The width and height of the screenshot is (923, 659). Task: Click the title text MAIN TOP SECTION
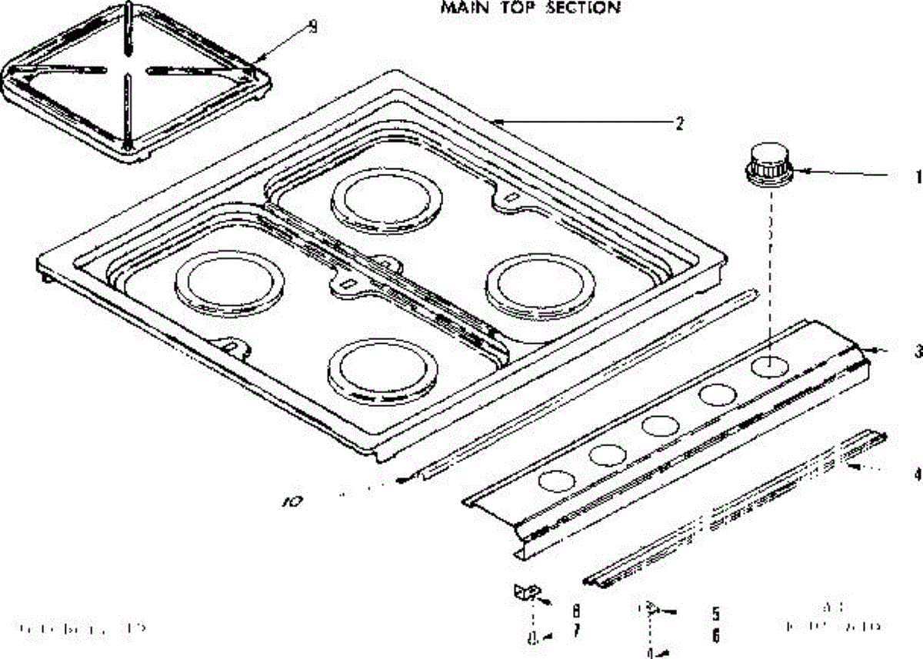tap(530, 8)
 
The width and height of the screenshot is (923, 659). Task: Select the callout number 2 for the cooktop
tap(678, 123)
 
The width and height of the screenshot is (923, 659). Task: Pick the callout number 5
tap(715, 614)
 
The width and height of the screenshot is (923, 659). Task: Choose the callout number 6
tap(715, 636)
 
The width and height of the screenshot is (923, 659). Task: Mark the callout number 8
tap(576, 611)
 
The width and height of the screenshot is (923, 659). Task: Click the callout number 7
tap(576, 632)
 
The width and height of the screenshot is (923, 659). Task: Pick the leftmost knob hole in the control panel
tap(557, 481)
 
